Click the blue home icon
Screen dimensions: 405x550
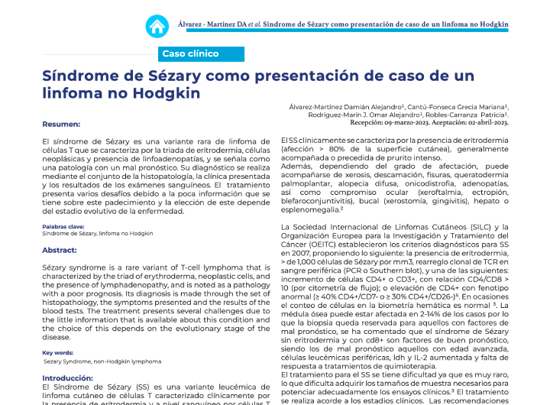point(157,26)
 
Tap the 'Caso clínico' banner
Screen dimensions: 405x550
point(190,53)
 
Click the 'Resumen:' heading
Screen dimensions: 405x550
point(61,124)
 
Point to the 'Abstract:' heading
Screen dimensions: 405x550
point(60,250)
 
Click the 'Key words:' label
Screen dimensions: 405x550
point(58,352)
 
